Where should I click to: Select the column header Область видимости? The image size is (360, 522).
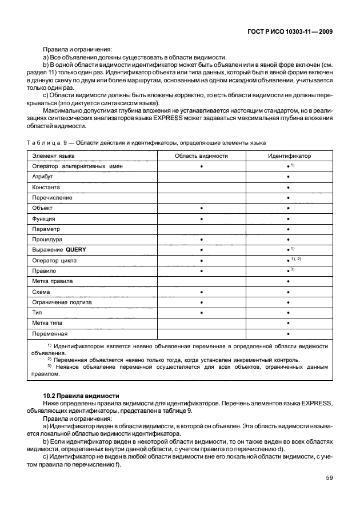coord(201,156)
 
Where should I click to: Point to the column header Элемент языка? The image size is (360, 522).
coord(53,156)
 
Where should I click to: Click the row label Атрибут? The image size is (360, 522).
coord(43,177)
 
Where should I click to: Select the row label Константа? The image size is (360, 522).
coord(46,187)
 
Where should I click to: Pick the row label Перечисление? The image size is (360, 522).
coord(52,197)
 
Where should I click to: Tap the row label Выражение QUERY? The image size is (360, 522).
coord(59,250)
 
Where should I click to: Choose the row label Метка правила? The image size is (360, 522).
coord(53,281)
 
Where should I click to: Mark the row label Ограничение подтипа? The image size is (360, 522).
coord(62,302)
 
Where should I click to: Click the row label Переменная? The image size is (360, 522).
coord(50,333)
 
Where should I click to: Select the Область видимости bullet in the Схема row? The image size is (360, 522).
coord(202,292)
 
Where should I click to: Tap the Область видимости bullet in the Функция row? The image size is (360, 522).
coord(202,218)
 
